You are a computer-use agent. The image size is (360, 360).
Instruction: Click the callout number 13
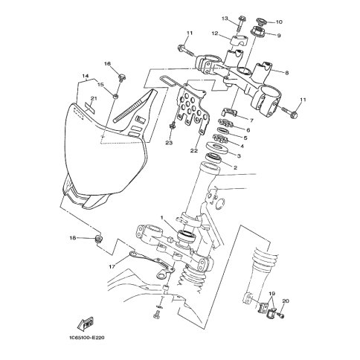coord(225,19)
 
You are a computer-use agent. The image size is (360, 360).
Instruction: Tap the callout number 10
coord(279,22)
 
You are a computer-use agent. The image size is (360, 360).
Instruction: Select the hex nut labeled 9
coord(260,31)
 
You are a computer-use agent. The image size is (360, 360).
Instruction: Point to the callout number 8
coord(287,73)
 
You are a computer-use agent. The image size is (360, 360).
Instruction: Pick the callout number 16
coord(107,64)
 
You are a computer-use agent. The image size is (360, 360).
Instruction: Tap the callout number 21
coord(93,99)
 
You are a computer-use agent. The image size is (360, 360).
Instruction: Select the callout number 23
coord(169,143)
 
